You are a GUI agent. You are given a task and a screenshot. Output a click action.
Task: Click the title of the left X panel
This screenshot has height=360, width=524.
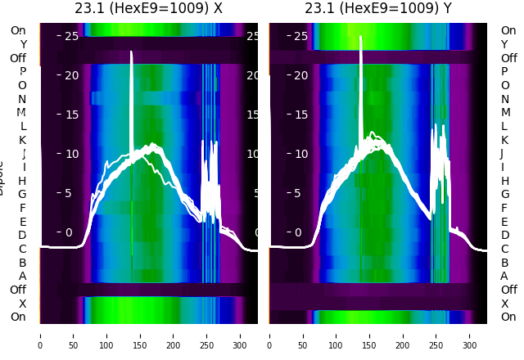(x=148, y=9)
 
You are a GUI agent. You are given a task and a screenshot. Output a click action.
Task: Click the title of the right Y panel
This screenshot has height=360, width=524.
(x=377, y=9)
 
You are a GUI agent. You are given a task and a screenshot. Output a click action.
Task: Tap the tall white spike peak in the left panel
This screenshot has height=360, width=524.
(x=131, y=52)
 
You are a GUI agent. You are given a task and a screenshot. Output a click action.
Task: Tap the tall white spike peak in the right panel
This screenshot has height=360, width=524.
(x=360, y=37)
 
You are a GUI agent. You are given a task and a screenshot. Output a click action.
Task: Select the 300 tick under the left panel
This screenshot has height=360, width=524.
(x=241, y=335)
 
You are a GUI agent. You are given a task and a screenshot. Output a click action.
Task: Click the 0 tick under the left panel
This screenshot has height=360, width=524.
(x=39, y=335)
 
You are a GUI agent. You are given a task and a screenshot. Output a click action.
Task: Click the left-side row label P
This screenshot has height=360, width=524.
(x=22, y=71)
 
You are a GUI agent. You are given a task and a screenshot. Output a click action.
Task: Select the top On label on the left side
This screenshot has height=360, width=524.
(x=17, y=30)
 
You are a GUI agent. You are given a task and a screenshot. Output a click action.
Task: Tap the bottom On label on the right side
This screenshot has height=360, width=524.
(x=508, y=317)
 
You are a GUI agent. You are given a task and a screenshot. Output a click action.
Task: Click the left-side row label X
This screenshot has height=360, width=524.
(x=22, y=304)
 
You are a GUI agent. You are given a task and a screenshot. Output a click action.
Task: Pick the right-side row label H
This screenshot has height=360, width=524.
(x=504, y=181)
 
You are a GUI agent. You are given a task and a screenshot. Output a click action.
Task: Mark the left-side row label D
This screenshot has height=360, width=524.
(x=22, y=236)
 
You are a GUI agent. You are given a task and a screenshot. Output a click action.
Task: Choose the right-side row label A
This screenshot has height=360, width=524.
(x=504, y=277)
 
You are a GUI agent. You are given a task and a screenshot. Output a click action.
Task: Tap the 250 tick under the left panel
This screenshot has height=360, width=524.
(x=207, y=335)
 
